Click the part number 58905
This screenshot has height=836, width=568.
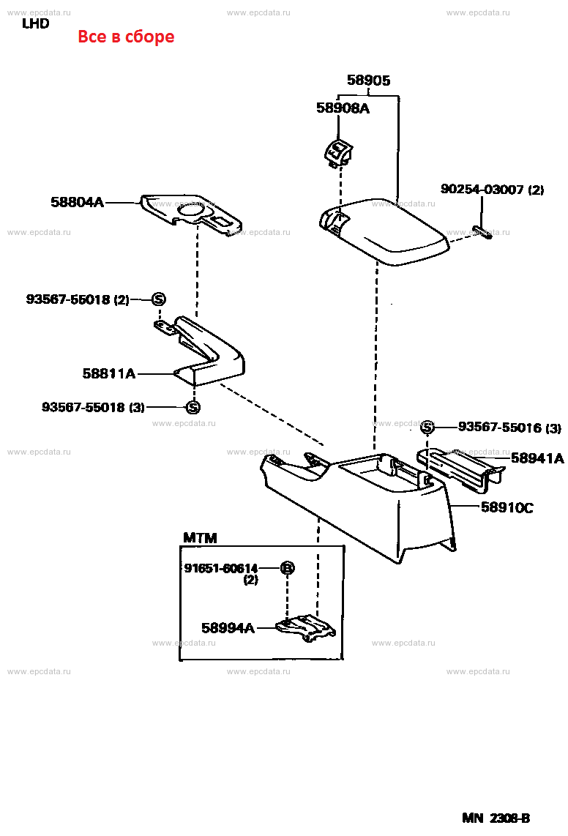(368, 81)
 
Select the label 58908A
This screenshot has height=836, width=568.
(343, 108)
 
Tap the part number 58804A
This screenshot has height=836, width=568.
(78, 202)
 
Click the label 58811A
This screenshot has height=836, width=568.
(109, 373)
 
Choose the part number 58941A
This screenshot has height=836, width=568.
(537, 458)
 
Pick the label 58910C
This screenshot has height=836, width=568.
(507, 506)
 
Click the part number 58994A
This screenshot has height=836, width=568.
(228, 627)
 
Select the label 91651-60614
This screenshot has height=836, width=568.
(220, 569)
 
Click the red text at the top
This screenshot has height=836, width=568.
(126, 37)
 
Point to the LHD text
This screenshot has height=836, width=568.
(35, 23)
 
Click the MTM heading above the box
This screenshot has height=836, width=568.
(200, 538)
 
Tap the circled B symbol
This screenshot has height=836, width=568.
(288, 568)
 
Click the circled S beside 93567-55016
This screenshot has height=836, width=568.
(428, 428)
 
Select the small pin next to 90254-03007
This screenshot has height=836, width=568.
(482, 232)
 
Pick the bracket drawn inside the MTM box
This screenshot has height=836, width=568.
(306, 627)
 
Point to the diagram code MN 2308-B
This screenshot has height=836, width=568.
(496, 818)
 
